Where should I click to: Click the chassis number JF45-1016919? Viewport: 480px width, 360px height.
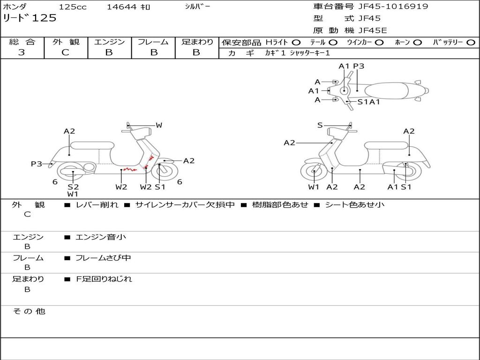[393, 7]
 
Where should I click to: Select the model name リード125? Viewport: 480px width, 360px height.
[30, 18]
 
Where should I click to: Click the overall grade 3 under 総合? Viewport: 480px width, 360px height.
[22, 52]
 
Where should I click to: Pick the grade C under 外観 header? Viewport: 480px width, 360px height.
[66, 52]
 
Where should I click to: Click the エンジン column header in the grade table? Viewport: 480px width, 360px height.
[109, 42]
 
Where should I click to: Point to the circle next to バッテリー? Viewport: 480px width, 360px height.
[471, 43]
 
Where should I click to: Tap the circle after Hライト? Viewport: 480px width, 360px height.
[296, 43]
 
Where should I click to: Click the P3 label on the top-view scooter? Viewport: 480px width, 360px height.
[359, 66]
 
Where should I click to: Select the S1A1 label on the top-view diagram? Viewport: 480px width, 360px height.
[368, 102]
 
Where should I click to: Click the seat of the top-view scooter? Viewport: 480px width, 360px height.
[386, 91]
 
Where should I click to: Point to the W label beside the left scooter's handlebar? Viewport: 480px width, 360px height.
[159, 125]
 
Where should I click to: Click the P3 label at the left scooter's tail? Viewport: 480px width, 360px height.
[37, 164]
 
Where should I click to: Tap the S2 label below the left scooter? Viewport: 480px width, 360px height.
[73, 187]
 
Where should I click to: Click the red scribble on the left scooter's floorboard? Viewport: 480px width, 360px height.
[130, 169]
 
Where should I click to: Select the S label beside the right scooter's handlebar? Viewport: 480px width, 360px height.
[320, 125]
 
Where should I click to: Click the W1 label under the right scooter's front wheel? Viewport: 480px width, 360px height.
[314, 187]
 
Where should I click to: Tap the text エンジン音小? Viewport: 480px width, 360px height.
[101, 237]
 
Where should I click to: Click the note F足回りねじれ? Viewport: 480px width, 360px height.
[104, 279]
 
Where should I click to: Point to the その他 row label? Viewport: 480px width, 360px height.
[29, 311]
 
